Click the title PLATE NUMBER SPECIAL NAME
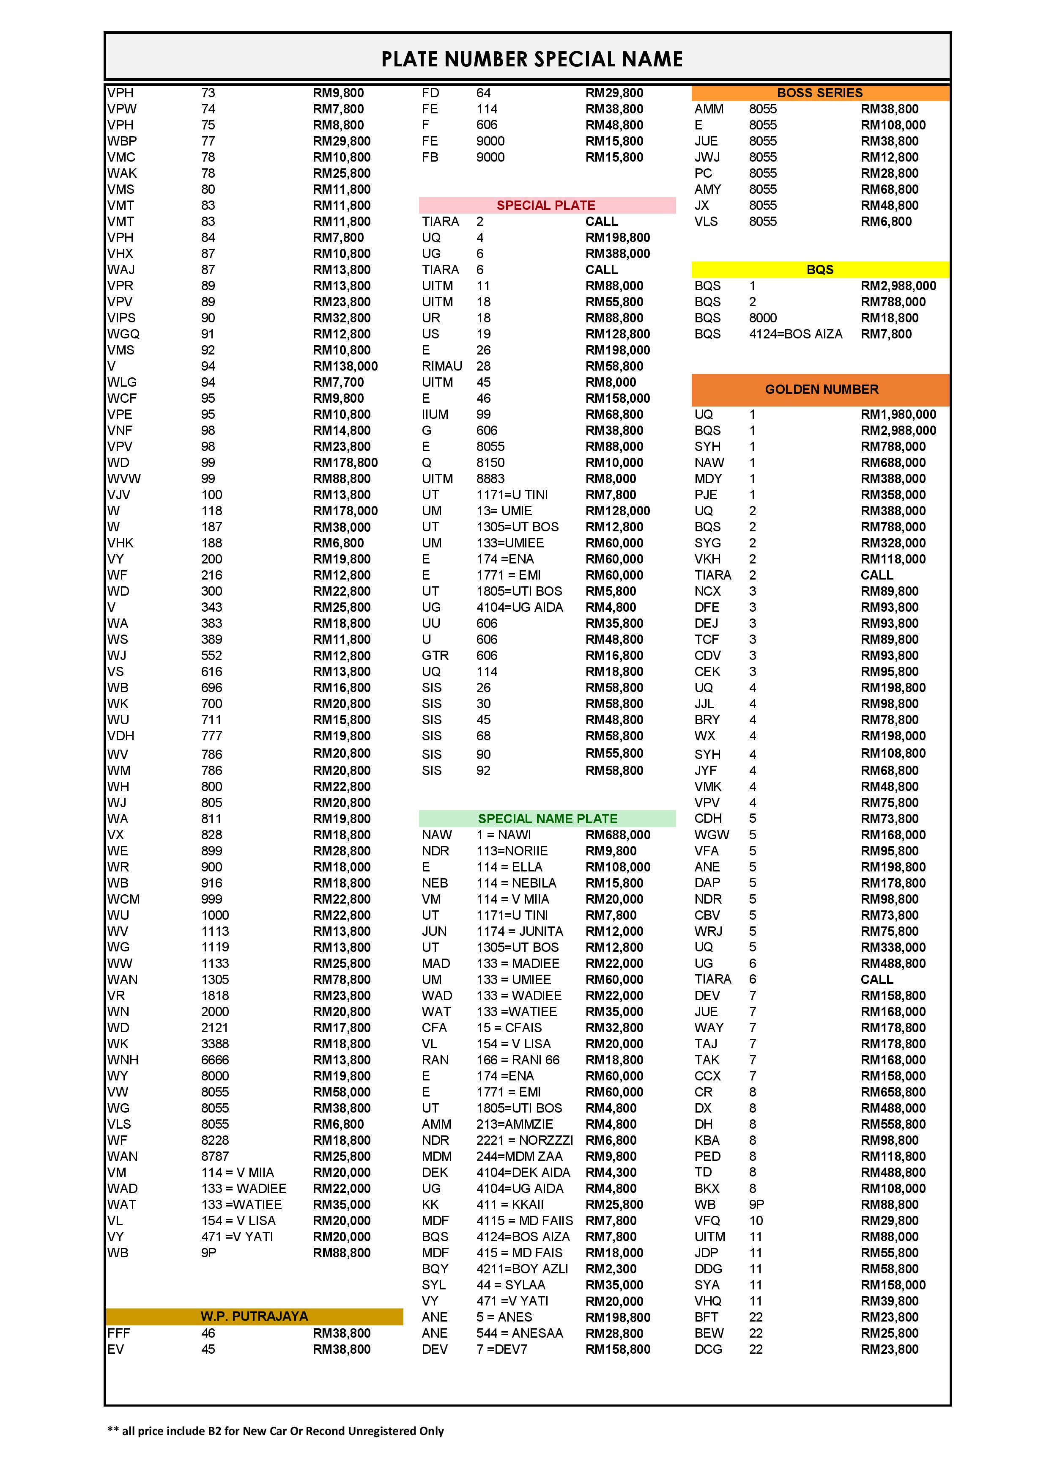531,60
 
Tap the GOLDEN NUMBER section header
821,389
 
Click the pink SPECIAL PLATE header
546,206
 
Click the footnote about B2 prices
275,1431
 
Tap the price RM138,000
345,366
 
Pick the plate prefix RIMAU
442,366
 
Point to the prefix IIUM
435,414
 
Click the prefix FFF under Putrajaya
119,1333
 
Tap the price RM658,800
893,1092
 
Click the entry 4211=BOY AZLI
522,1269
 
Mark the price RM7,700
341,382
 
